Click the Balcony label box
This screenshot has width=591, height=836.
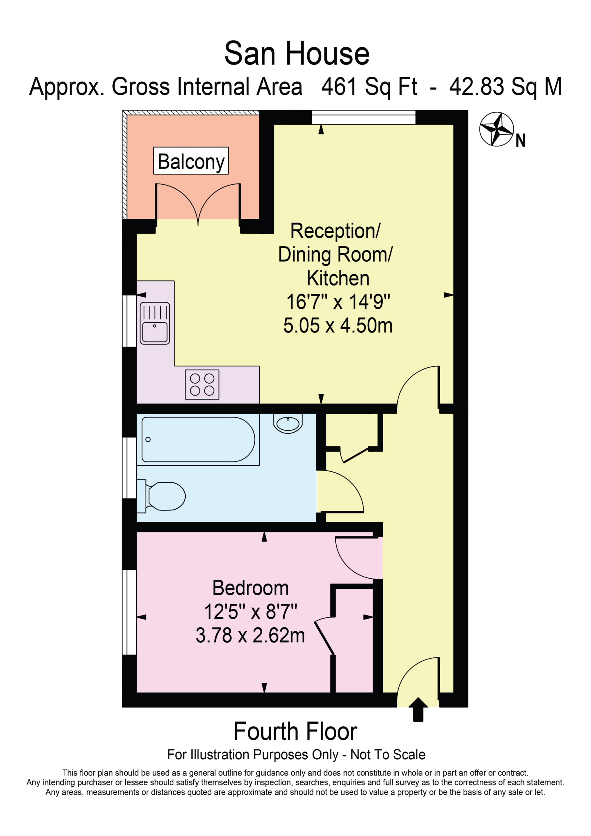(191, 161)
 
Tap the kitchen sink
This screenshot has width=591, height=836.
(155, 323)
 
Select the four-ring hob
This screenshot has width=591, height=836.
(202, 384)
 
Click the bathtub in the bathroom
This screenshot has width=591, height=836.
(198, 440)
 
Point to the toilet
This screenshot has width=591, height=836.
(161, 496)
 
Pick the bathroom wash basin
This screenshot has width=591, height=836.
(288, 423)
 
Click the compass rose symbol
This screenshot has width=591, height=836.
(496, 129)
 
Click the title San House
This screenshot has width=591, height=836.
(297, 54)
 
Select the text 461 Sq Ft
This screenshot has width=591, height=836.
(369, 87)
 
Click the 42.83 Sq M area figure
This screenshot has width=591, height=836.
(505, 87)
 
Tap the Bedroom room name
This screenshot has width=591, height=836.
(250, 588)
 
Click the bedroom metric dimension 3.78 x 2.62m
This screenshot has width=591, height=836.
(250, 635)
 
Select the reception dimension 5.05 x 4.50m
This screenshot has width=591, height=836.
(338, 325)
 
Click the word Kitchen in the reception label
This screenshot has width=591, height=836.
(338, 278)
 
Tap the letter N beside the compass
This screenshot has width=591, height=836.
(520, 140)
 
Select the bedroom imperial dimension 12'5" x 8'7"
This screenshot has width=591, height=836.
(250, 611)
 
